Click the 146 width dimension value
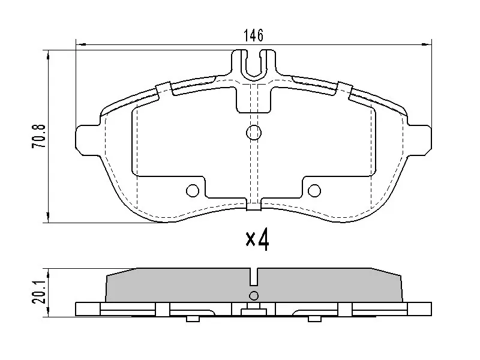coord(253,35)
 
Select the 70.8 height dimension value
coord(37,137)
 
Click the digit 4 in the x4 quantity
coord(263,239)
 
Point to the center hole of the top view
coord(254,133)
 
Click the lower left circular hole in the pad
coord(193,191)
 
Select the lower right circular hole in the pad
coord(314,191)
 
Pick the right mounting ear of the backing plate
coord(422,139)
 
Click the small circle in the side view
coord(254,295)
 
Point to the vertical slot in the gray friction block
coord(254,277)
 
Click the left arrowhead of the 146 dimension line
coord(79,44)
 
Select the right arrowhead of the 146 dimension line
coord(428,44)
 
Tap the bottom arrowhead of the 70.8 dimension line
coord(48,218)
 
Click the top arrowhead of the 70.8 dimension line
coord(48,55)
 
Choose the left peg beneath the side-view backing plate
coord(193,319)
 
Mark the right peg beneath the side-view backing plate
coord(314,319)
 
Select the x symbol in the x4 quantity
coord(250,241)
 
